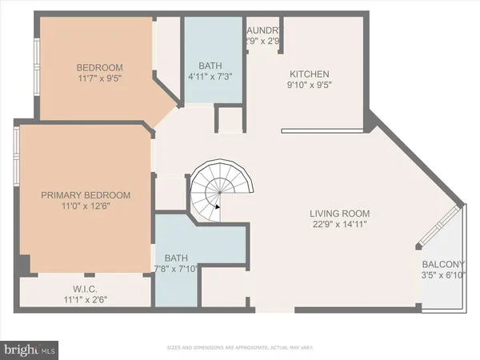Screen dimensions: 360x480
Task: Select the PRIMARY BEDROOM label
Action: (85, 194)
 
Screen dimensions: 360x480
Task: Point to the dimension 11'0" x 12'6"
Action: (85, 206)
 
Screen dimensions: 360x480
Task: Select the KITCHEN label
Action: (309, 74)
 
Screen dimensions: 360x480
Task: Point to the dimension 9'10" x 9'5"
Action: (309, 86)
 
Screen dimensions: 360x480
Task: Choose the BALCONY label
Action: (442, 265)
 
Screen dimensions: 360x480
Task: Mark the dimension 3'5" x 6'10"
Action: (442, 277)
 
